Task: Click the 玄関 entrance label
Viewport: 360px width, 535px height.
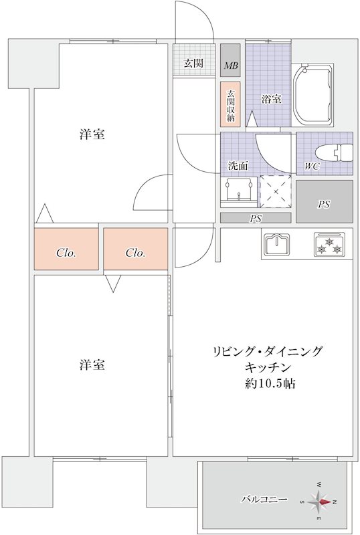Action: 193,64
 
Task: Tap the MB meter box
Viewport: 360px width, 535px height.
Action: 231,66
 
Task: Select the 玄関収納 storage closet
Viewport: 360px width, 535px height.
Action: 231,105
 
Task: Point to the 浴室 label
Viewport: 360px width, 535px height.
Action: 271,100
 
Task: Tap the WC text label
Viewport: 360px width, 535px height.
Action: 311,166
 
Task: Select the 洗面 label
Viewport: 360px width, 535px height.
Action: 238,165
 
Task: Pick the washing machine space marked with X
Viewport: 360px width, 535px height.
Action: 276,192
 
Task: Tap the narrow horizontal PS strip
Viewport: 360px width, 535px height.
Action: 256,218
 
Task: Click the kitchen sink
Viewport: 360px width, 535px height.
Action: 277,245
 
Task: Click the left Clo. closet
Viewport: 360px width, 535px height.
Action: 66,252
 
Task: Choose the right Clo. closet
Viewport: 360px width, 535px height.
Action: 136,252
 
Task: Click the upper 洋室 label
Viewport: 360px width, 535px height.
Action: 92,134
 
